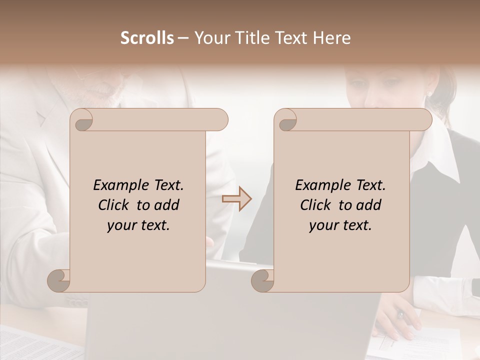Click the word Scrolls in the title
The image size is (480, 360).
click(147, 38)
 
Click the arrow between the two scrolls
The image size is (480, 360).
click(237, 198)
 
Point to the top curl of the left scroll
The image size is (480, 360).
click(82, 120)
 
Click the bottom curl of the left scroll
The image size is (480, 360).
click(59, 281)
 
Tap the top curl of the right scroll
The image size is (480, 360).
click(286, 120)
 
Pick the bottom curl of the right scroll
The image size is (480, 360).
click(263, 281)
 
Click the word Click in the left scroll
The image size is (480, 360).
click(114, 205)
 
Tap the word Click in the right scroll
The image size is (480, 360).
click(316, 205)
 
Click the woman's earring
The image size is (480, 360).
click(429, 93)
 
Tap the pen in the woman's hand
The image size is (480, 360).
click(400, 315)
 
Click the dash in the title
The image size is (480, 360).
click(183, 38)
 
